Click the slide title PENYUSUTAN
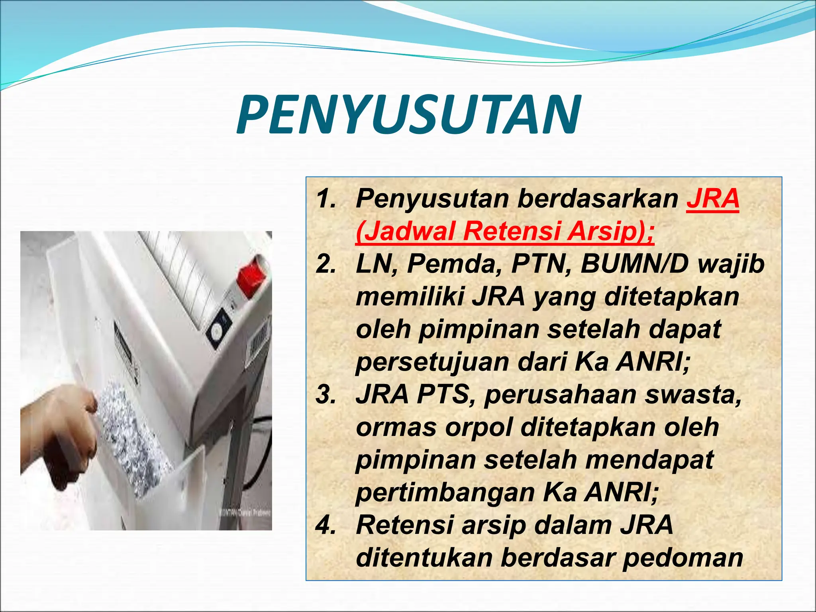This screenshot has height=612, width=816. pos(408,116)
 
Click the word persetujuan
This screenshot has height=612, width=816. pos(433,363)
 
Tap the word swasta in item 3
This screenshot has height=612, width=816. pos(693,394)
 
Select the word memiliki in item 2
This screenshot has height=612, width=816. pos(410,297)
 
